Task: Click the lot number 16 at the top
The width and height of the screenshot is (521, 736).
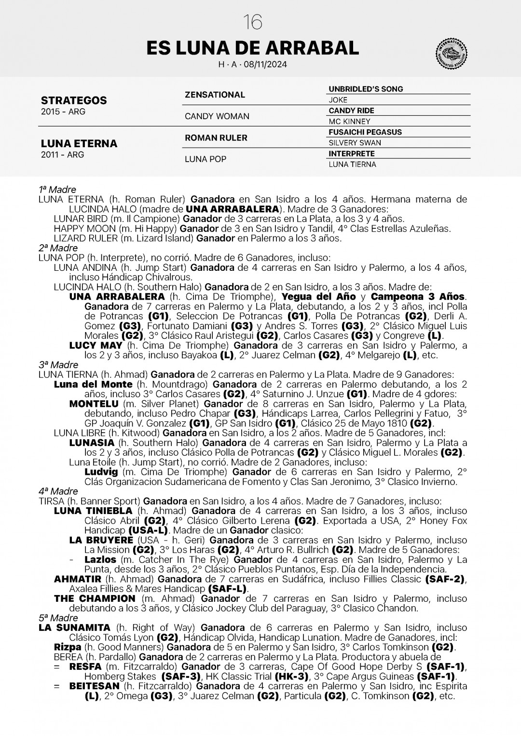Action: [x=253, y=22]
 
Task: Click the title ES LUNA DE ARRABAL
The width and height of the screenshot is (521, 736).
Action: [x=252, y=48]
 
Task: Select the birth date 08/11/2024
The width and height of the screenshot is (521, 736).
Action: [x=265, y=64]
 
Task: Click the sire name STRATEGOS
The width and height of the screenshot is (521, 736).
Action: [x=74, y=100]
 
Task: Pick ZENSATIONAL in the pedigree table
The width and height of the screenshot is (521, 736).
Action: [x=215, y=95]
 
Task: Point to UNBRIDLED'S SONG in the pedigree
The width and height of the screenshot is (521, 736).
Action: [x=366, y=89]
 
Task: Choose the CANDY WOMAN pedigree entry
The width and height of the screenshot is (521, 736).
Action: [x=217, y=116]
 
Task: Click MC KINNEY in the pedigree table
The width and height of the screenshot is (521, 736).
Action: [x=349, y=122]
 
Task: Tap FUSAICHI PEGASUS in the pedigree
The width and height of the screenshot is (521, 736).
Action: [x=365, y=132]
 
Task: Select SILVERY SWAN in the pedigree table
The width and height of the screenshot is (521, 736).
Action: [x=355, y=143]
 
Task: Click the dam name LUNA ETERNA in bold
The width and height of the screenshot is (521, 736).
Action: [x=79, y=143]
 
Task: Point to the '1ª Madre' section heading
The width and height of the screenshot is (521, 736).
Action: [x=57, y=190]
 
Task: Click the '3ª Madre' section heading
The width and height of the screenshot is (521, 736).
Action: [x=58, y=365]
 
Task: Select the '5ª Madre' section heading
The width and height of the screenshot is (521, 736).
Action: [x=58, y=618]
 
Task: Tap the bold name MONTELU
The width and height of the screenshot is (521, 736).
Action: [x=94, y=404]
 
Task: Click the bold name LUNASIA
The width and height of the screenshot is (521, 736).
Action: [x=92, y=443]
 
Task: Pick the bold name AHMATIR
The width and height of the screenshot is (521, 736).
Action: [x=78, y=579]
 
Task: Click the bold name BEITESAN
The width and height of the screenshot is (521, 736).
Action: [x=94, y=686]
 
